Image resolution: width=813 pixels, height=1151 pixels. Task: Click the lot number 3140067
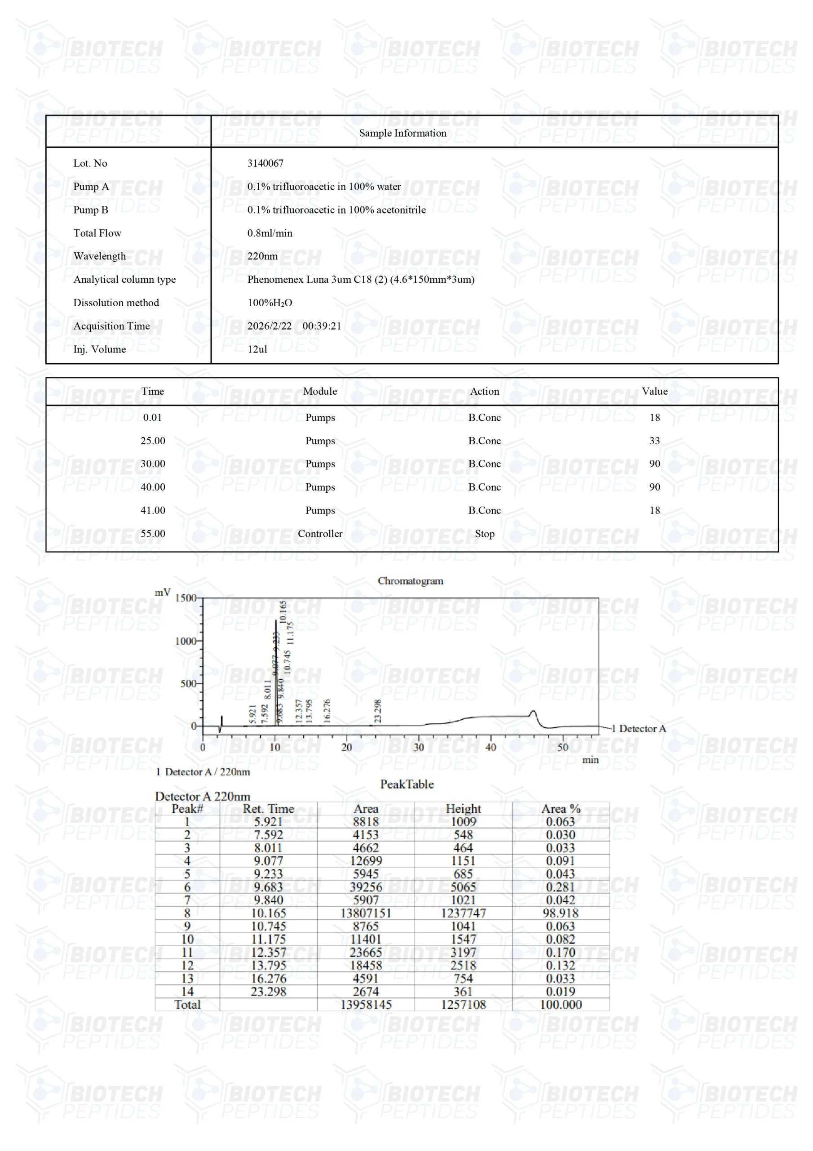[265, 163]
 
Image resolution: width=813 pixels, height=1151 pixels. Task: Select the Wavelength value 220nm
[262, 256]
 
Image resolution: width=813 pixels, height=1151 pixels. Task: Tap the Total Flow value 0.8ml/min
[270, 233]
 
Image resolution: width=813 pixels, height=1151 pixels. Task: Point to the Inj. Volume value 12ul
[257, 349]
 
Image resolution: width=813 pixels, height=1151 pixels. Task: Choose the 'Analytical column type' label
[124, 280]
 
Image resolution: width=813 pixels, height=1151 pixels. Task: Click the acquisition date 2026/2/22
[270, 326]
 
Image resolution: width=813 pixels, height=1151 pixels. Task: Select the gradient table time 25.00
[152, 441]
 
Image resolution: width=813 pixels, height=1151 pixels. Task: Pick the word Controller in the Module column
[320, 534]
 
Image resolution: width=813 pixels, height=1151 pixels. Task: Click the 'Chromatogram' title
[410, 581]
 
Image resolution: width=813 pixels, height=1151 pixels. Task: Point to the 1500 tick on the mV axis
[186, 598]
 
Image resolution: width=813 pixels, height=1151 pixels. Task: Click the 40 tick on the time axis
[490, 747]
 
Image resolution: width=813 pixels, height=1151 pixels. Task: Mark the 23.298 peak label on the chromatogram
[378, 711]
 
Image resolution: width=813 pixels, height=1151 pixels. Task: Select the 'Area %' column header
[561, 808]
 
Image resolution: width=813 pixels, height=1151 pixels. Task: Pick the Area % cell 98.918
[561, 913]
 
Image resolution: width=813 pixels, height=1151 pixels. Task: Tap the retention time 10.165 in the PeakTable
[269, 913]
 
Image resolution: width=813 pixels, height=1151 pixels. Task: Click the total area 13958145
[366, 1004]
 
